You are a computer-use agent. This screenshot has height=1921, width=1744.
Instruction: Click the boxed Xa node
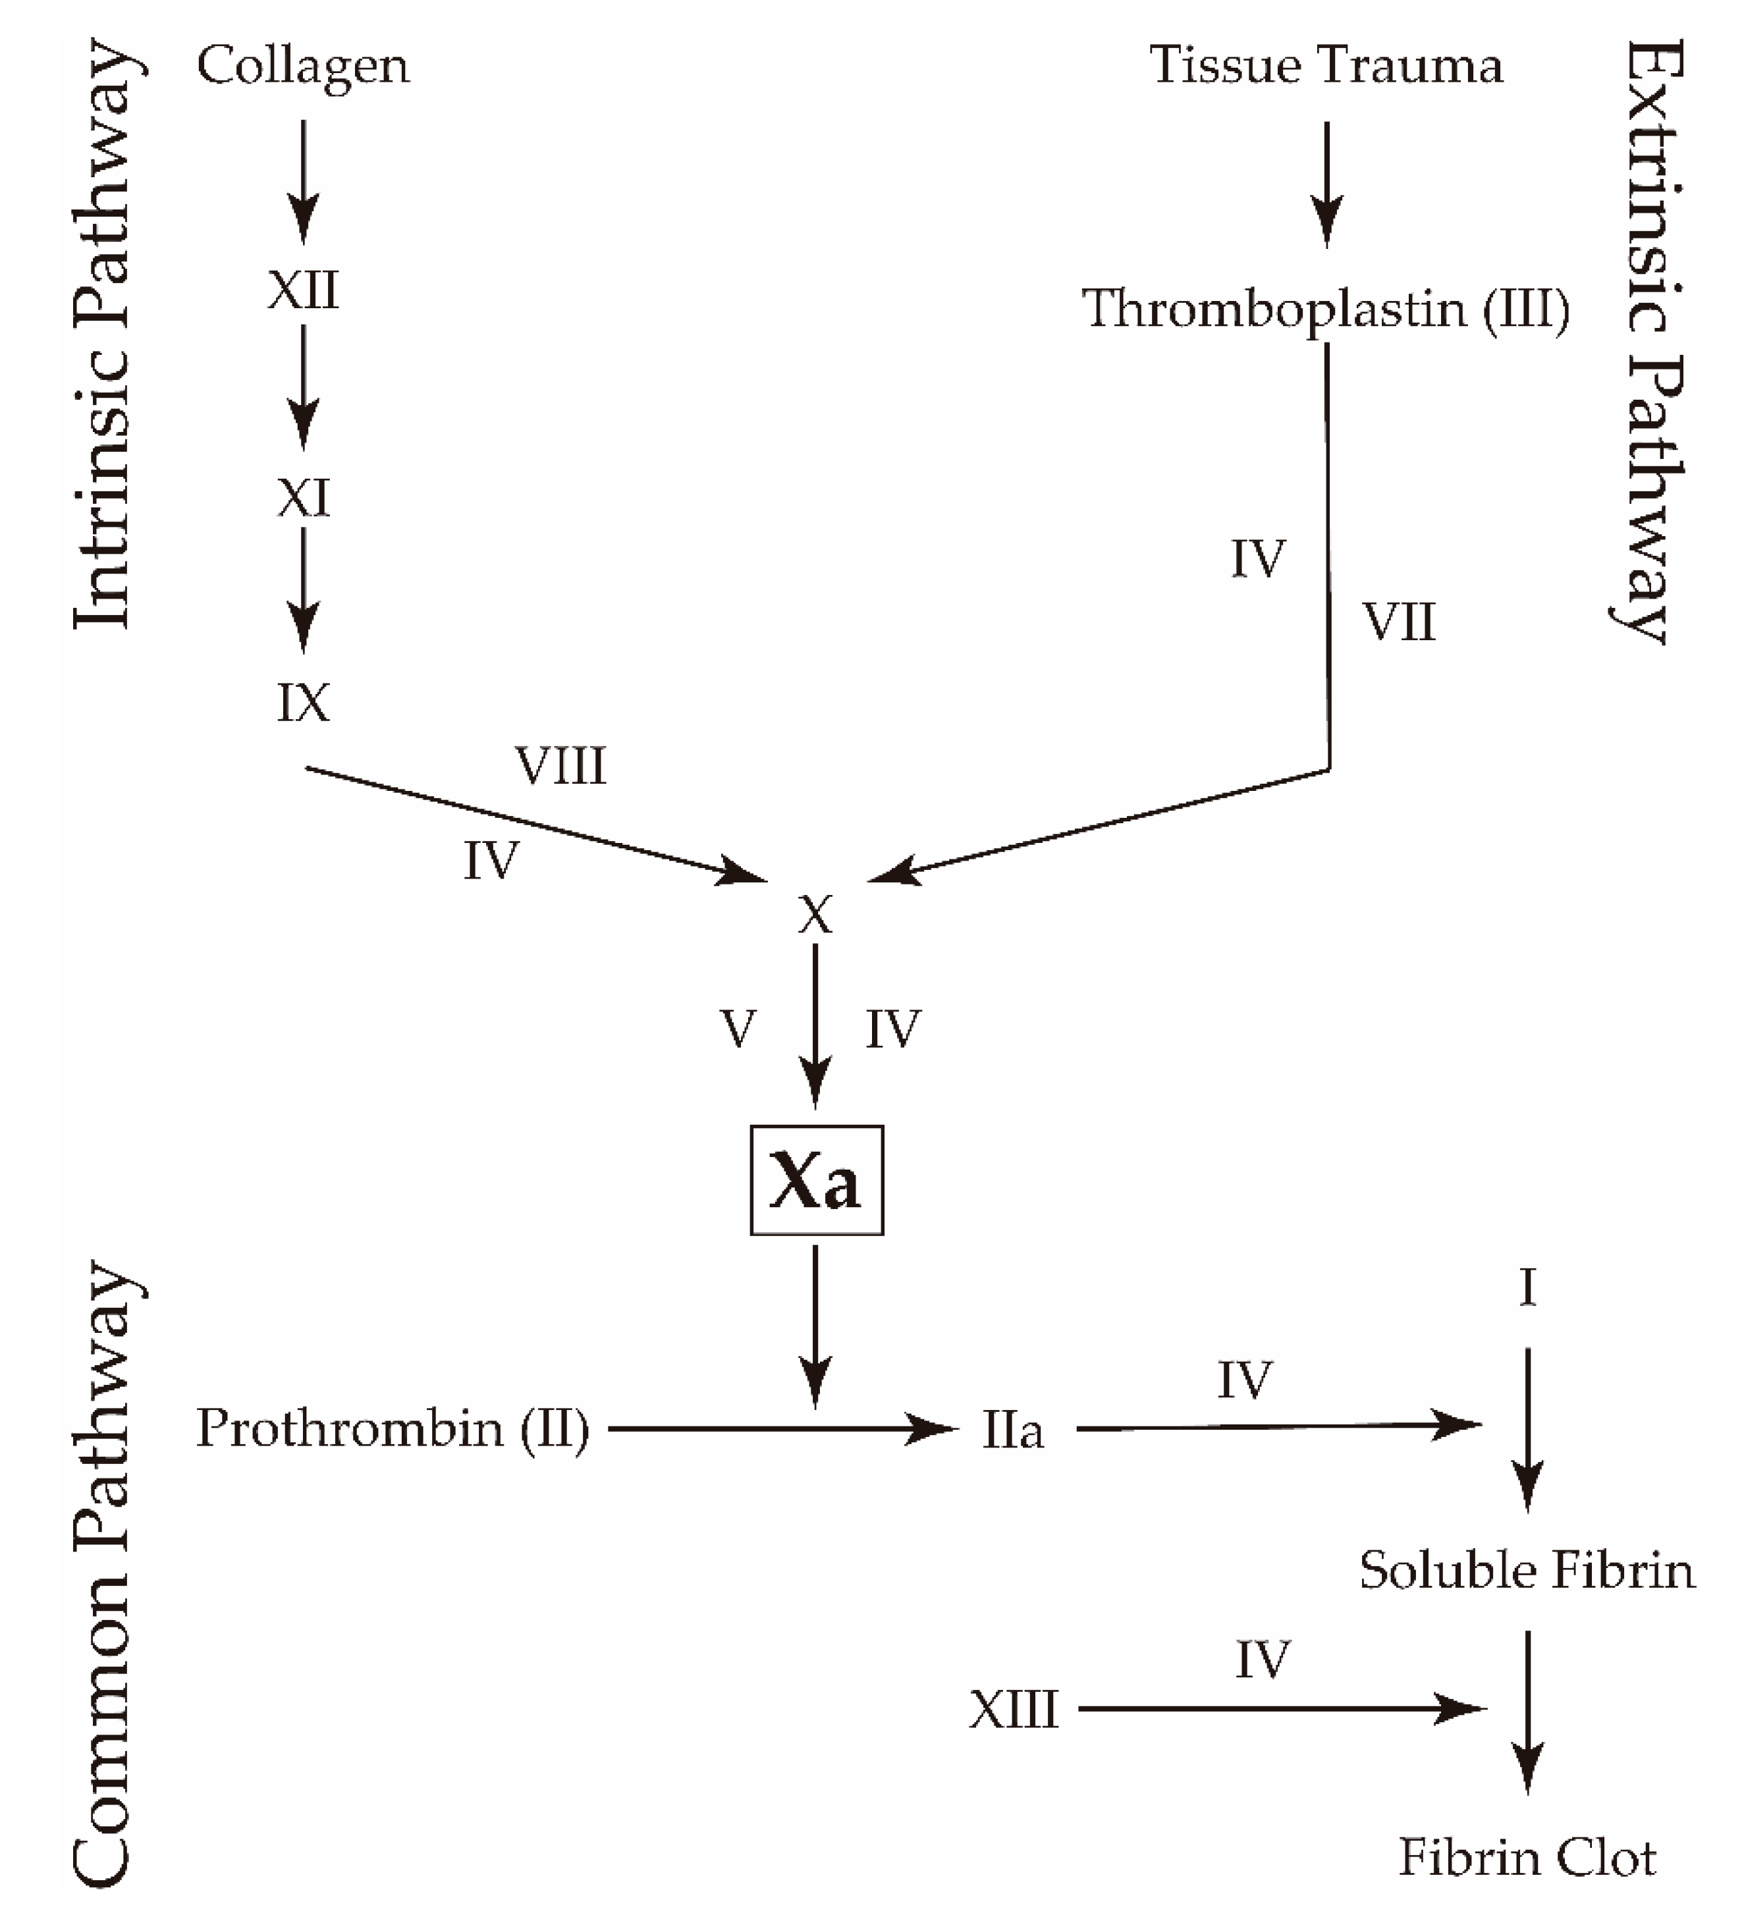tap(816, 1181)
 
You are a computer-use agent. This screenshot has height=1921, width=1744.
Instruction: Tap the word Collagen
tap(303, 67)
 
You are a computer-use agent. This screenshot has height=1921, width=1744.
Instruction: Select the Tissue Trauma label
tap(1326, 67)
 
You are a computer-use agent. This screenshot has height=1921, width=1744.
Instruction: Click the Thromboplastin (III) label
tap(1324, 310)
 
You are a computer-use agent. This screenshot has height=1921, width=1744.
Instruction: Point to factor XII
tap(303, 290)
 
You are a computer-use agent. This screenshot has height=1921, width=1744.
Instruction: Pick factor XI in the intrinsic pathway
tap(303, 497)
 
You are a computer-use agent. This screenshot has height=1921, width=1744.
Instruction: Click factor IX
tap(303, 703)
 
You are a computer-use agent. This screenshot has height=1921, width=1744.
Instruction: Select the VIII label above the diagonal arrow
tap(560, 766)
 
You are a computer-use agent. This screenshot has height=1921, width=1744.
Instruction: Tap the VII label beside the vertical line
tap(1398, 623)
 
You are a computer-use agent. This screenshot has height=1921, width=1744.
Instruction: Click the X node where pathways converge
tap(815, 915)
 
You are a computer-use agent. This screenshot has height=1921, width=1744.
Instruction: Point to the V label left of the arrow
tap(738, 1029)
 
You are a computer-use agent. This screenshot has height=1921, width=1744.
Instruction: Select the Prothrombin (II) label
tap(393, 1429)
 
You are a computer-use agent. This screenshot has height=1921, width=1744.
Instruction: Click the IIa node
tap(1012, 1431)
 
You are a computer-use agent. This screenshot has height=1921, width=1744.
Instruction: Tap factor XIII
tap(1013, 1710)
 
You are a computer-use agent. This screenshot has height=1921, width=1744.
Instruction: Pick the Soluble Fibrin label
tap(1527, 1571)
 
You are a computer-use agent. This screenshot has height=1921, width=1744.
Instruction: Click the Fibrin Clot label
tap(1527, 1858)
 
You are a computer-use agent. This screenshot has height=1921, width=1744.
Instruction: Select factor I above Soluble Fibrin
tap(1527, 1288)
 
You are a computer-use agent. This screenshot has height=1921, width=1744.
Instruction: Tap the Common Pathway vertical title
tap(103, 1572)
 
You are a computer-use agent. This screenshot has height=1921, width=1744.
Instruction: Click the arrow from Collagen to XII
tap(303, 181)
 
